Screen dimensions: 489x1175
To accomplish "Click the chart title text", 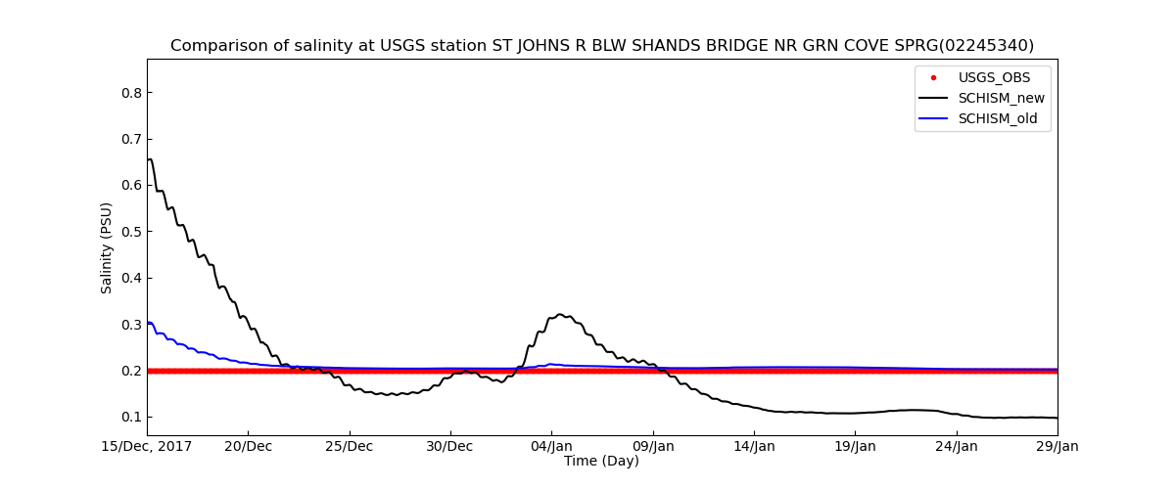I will point(601,46).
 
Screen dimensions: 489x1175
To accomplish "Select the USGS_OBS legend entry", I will point(994,77).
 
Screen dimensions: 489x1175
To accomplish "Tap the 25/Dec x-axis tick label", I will point(350,447).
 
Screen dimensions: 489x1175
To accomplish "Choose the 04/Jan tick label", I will point(551,447).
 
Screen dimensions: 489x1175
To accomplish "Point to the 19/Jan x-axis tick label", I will point(855,447).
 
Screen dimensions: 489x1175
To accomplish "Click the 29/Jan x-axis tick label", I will point(1057,447).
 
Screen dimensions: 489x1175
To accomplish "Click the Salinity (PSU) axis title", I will point(107,247).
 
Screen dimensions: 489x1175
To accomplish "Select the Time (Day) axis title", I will point(601,462).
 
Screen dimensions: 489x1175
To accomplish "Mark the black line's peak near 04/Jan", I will point(560,314).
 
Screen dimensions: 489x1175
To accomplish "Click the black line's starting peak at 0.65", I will point(149,158).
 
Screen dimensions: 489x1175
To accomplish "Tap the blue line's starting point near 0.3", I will point(148,322).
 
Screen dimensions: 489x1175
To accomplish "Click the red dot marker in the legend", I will point(933,77).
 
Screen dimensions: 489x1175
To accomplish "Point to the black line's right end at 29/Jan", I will point(1057,418).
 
